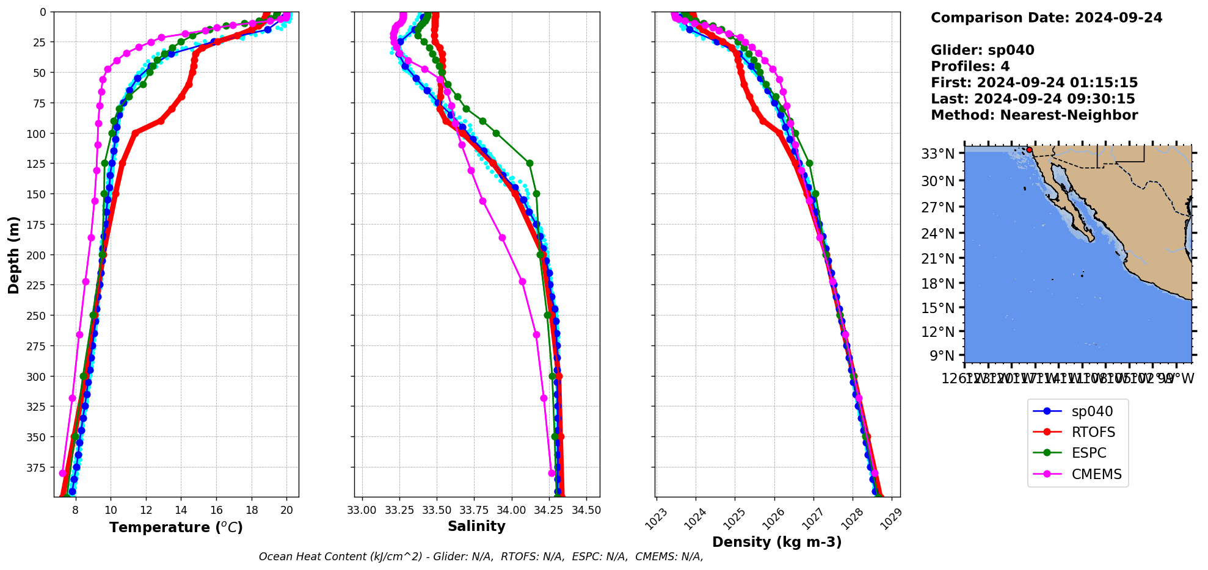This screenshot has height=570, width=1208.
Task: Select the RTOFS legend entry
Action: click(1093, 433)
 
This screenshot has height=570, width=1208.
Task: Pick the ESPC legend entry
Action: click(1088, 453)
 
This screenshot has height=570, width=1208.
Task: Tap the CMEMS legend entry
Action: click(1096, 474)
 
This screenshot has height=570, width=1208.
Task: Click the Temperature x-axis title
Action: click(176, 527)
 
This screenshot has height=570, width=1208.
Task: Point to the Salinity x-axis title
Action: click(476, 527)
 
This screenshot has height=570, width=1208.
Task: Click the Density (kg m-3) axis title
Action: click(777, 542)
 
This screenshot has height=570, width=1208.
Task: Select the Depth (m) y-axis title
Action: click(14, 254)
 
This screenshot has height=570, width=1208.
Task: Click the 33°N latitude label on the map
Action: click(937, 153)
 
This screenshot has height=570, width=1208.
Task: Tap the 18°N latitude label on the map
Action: click(937, 283)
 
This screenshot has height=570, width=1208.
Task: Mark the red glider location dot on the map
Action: click(1029, 150)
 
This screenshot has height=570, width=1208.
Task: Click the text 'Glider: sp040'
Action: click(982, 50)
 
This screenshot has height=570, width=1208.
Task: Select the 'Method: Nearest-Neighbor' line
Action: click(1034, 115)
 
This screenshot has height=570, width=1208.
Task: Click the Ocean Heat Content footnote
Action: click(481, 557)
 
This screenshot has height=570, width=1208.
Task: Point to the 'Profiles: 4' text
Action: click(970, 67)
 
